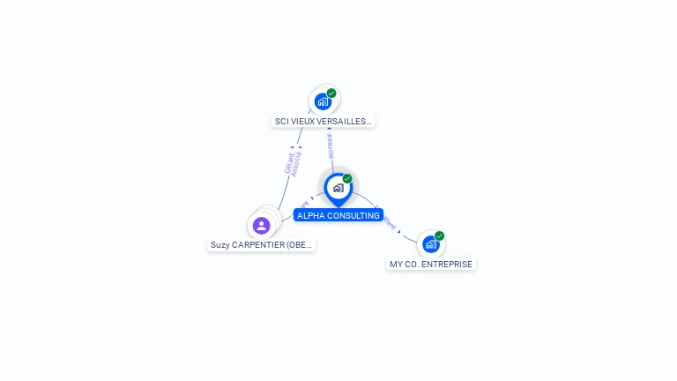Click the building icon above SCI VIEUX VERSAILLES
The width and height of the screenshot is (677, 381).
(323, 101)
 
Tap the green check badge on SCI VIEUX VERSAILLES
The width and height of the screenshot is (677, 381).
(331, 93)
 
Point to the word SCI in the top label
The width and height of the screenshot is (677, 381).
(283, 122)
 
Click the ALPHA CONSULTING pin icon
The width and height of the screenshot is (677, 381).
(338, 187)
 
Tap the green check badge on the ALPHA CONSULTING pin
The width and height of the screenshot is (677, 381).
(347, 179)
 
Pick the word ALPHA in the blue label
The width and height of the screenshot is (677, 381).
(310, 215)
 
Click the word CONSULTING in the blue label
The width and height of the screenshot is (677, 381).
(353, 215)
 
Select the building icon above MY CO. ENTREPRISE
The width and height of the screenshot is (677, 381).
(430, 244)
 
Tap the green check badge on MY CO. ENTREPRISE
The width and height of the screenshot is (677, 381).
(439, 235)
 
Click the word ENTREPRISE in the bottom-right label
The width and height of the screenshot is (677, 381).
(448, 264)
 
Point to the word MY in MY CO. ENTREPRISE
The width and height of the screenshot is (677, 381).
(397, 264)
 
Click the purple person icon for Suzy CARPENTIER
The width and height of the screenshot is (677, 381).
(261, 226)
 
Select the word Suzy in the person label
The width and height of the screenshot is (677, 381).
(220, 245)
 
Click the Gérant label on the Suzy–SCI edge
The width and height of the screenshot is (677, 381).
(288, 164)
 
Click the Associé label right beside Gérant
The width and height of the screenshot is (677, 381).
(297, 163)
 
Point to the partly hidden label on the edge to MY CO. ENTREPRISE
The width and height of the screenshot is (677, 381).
(386, 219)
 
